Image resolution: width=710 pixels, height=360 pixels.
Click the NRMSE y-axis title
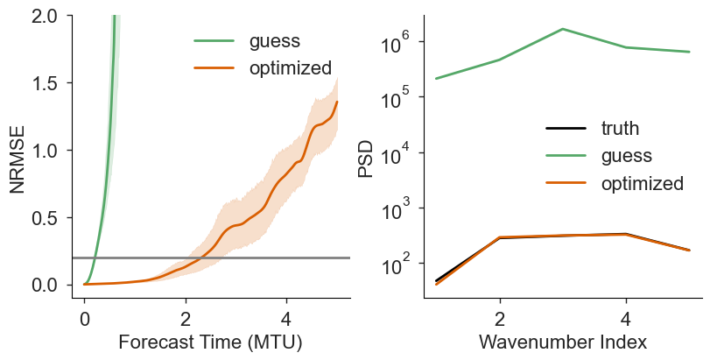[18, 159]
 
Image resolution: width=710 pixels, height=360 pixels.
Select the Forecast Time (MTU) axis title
[210, 342]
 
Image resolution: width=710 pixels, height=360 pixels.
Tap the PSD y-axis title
[365, 159]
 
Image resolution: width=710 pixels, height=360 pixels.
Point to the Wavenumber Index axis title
[563, 342]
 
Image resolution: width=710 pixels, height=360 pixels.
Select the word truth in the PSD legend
[620, 129]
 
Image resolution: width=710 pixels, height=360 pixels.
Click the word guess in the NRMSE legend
[274, 41]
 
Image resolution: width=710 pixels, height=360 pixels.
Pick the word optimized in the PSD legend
[642, 183]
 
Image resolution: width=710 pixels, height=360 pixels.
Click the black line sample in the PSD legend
[566, 129]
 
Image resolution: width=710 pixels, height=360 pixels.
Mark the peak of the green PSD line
[563, 29]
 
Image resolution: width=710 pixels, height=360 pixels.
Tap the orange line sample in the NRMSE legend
[214, 68]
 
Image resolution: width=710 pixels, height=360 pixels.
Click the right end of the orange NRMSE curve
[337, 102]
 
